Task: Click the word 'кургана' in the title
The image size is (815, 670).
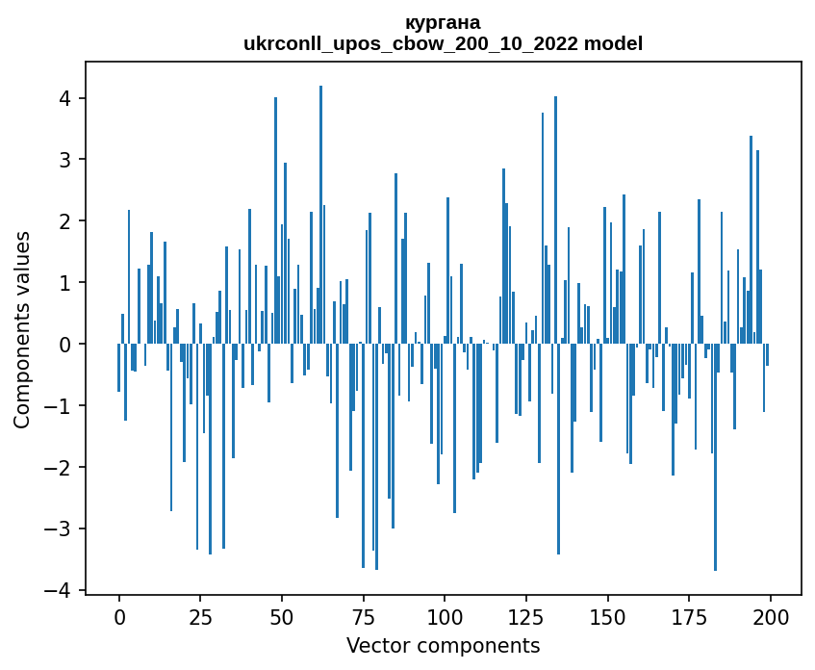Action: point(443,22)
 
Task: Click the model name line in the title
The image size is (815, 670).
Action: point(443,43)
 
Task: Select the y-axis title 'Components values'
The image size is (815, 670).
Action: point(22,329)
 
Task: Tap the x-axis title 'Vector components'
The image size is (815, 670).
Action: point(443,645)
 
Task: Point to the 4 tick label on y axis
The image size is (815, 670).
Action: point(65,98)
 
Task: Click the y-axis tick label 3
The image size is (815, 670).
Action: point(65,160)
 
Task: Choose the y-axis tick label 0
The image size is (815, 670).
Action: point(65,345)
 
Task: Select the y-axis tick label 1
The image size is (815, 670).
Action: point(65,283)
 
